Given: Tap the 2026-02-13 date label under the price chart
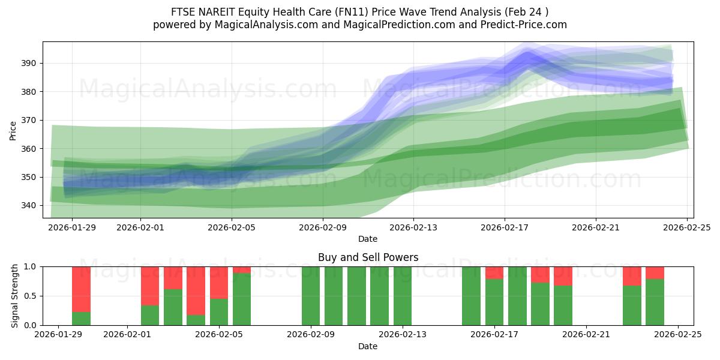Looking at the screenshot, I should (x=413, y=227).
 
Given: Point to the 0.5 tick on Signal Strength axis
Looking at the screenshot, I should (x=31, y=296).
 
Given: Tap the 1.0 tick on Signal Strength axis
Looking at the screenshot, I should (x=31, y=266).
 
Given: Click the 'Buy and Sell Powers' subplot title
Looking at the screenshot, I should (x=368, y=257).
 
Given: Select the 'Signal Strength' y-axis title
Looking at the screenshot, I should (x=16, y=296).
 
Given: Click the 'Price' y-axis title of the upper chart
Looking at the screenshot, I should (x=13, y=130).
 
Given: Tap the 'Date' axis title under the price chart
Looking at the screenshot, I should (x=368, y=239).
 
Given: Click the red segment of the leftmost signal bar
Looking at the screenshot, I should (x=81, y=289).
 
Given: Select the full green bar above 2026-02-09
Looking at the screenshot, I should (x=311, y=296).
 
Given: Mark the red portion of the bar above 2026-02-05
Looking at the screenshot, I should (x=219, y=283).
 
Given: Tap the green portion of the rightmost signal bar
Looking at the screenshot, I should (x=655, y=302).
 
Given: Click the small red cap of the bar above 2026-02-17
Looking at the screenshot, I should (x=494, y=273).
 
